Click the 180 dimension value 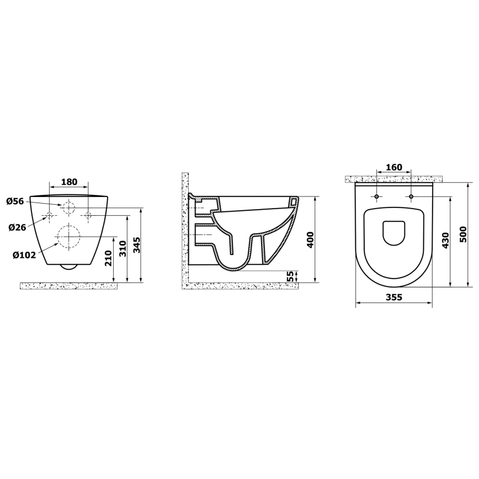69,182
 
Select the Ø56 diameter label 15,201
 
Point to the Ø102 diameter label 24,254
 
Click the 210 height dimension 109,258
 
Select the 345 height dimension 136,244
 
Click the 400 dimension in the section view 310,239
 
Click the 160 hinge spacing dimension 394,167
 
